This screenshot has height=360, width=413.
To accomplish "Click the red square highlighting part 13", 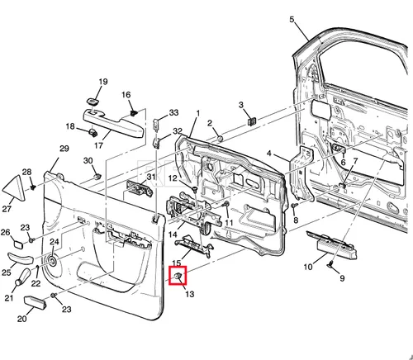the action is pos(178,275).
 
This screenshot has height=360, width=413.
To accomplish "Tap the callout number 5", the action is pos(292,20).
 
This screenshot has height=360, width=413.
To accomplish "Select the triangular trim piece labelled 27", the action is pos(14,189).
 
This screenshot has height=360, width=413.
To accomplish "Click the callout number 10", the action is pos(308,267).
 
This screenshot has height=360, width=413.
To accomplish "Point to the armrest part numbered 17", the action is pos(113,123).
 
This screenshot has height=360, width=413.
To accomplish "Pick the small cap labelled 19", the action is pos(93,102).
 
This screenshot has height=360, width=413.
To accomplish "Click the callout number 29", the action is pos(64,149).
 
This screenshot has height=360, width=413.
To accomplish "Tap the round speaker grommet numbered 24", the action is pos(52,261).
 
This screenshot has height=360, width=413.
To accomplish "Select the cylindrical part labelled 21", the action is pos(24,276).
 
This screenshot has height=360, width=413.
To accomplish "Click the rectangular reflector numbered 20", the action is pos(36,302).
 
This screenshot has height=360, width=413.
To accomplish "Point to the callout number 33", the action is pos(173,112).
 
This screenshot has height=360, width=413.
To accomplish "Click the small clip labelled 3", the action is pos(252,121).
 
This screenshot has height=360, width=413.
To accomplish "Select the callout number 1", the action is pos(197,113).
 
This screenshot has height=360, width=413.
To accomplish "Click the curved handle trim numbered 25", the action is pos(20,258).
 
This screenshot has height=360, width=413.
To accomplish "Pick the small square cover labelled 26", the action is pos(19,244).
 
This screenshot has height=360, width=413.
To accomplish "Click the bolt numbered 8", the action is pos(294,206).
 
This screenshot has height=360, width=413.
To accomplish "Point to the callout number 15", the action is pos(177,263).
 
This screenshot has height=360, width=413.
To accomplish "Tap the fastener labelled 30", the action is pos(97,176).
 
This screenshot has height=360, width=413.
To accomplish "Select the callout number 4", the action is pos(268,153).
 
